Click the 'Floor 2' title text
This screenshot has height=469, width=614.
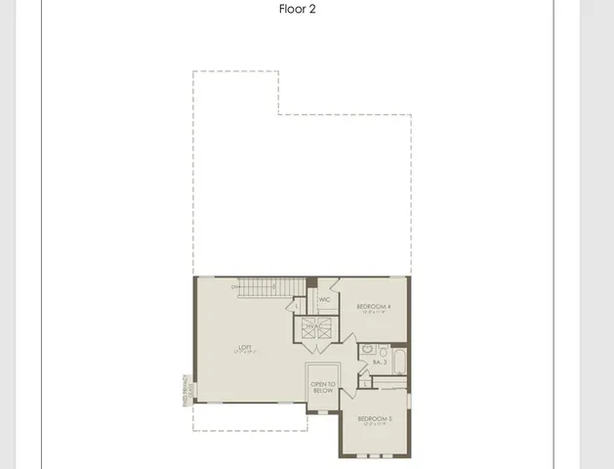298,10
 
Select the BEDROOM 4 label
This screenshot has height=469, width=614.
374,307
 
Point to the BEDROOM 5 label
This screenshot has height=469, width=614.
376,419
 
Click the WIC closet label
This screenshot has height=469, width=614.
324,300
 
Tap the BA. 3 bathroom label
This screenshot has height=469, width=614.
381,362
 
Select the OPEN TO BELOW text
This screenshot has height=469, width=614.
322,387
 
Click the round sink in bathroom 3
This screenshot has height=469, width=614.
367,348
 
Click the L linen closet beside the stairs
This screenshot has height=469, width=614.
299,306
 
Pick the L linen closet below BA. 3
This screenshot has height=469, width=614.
365,382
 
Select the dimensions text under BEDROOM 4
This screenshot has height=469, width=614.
374,314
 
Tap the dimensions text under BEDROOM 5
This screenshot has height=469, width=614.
376,425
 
